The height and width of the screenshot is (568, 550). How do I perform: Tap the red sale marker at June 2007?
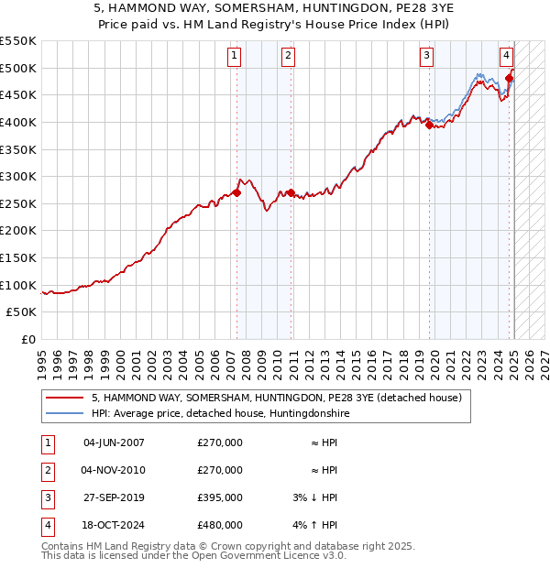[236, 192]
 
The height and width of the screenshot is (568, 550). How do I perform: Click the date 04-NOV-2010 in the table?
[115, 470]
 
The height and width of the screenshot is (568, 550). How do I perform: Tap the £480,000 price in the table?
[220, 525]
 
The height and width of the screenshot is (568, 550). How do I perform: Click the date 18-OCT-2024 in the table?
[115, 525]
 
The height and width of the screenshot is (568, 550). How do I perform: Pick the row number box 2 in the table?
[47, 470]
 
